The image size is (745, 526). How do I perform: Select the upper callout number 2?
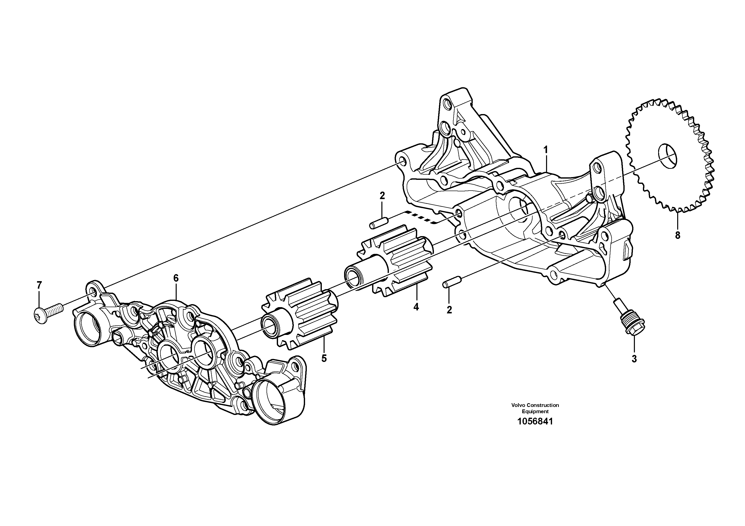pyautogui.click(x=382, y=196)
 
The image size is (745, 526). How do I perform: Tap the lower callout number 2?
pyautogui.click(x=449, y=310)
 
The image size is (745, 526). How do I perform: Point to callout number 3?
pyautogui.click(x=634, y=359)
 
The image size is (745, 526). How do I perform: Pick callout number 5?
pyautogui.click(x=324, y=358)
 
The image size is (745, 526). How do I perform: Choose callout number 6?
pyautogui.click(x=176, y=278)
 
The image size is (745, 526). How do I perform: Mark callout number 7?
pyautogui.click(x=39, y=285)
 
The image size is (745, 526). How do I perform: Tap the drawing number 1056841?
pyautogui.click(x=535, y=422)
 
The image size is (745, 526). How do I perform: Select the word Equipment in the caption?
pyautogui.click(x=535, y=411)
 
